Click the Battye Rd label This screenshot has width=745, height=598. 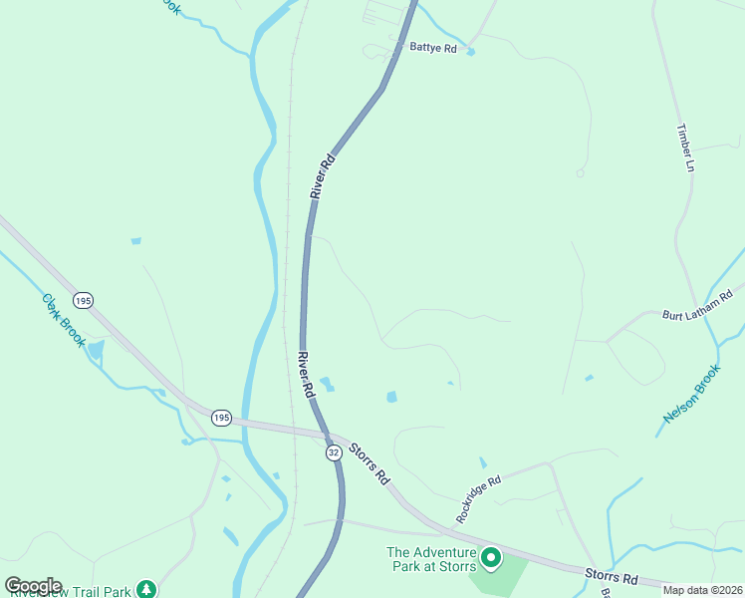pos(432,47)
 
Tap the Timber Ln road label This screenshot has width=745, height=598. pos(684,148)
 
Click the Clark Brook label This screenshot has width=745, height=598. pos(64,319)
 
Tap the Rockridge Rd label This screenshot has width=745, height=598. pos(478,498)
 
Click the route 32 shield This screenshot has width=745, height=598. pos(334,452)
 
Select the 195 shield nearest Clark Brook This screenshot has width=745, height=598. pos(82,300)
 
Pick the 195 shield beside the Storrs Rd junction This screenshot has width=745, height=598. pos(221,418)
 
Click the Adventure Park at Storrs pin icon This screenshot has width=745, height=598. pos(489,557)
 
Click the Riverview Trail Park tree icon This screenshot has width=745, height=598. pos(147,589)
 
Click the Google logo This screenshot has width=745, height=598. pos(32,586)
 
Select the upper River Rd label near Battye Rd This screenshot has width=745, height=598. pos(320,176)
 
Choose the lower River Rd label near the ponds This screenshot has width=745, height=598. pos(305,376)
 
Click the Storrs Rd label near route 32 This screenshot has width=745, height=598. pos(370,463)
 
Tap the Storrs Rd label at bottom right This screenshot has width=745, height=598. pos(612,577)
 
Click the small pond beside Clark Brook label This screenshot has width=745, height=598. pos(96,349)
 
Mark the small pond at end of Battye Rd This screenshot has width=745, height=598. pos(470,52)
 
